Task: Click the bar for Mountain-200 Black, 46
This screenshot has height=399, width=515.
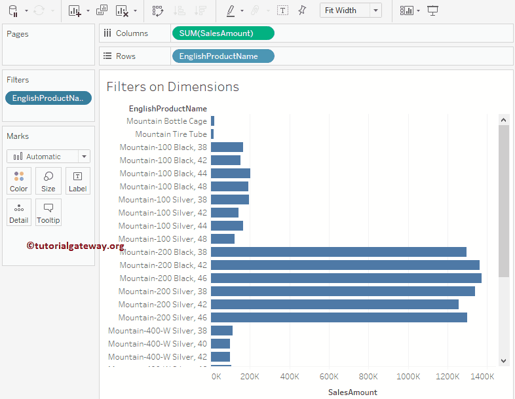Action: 346,278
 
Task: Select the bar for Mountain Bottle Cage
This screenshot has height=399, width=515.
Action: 213,121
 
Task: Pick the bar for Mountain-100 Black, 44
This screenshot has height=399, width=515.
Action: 231,174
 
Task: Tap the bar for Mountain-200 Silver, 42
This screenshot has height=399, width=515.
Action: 334,305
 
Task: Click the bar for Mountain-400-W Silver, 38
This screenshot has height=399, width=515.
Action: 221,331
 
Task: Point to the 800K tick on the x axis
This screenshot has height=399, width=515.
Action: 368,377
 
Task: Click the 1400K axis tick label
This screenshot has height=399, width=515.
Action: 482,377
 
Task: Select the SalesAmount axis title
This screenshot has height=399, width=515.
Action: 353,392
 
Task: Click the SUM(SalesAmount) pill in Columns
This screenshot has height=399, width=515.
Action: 223,33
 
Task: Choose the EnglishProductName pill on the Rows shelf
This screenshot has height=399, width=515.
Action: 223,56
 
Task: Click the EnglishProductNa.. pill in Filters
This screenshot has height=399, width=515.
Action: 48,98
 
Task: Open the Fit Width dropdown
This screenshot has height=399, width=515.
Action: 351,10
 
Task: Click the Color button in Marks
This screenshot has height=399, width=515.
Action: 19,181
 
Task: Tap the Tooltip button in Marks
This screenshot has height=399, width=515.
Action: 48,212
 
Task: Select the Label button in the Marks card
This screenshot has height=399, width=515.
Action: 77,181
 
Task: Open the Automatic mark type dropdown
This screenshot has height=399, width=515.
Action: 48,157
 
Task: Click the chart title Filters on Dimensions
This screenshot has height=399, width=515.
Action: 173,87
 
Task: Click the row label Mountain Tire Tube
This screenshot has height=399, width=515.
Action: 171,134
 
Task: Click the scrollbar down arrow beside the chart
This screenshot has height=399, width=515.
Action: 504,360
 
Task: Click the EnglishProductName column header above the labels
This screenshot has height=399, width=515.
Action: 168,109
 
